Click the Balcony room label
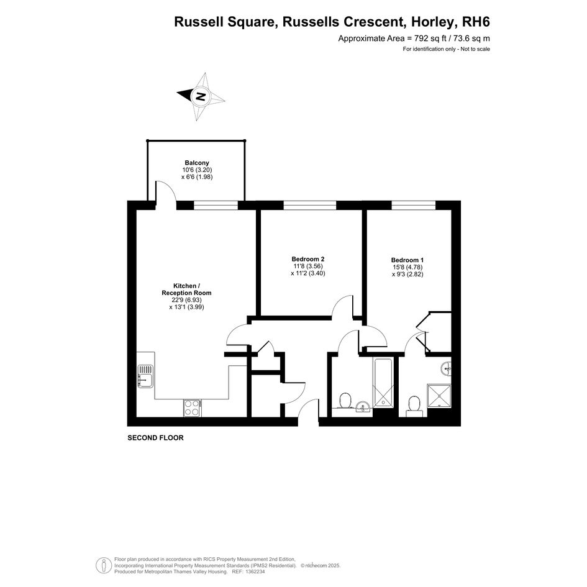click(x=197, y=163)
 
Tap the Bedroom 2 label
click(x=308, y=259)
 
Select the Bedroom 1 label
click(x=407, y=260)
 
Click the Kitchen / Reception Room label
click(x=186, y=289)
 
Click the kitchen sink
click(x=145, y=376)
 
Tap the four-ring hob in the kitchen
click(x=192, y=408)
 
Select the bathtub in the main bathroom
click(x=383, y=382)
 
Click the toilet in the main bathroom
click(x=345, y=400)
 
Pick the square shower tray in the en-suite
click(x=440, y=396)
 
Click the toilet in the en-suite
click(x=414, y=406)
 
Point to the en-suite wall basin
click(x=446, y=368)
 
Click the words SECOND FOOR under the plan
click(x=155, y=438)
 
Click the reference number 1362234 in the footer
click(x=254, y=571)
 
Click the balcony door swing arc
click(x=168, y=187)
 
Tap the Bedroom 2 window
click(x=309, y=205)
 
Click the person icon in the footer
click(x=103, y=565)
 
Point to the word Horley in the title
click(x=434, y=22)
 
